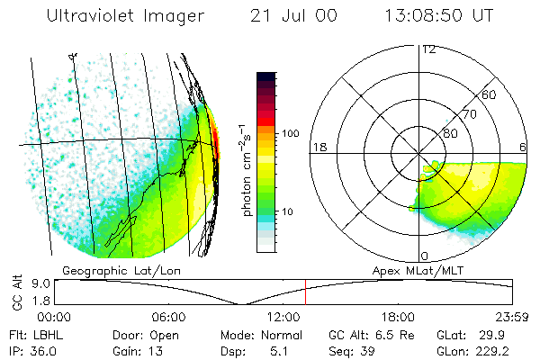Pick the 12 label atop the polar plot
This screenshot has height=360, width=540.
coord(429,49)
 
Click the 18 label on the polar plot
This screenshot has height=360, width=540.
coord(318,147)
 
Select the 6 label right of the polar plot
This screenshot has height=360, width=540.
coord(524,147)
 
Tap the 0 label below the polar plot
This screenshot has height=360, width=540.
coord(425,256)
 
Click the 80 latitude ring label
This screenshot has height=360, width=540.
coord(450,133)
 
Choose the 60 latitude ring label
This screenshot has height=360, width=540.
coord(489,94)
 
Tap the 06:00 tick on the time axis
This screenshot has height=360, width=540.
coord(168,317)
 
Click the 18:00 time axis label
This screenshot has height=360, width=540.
coord(398,317)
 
